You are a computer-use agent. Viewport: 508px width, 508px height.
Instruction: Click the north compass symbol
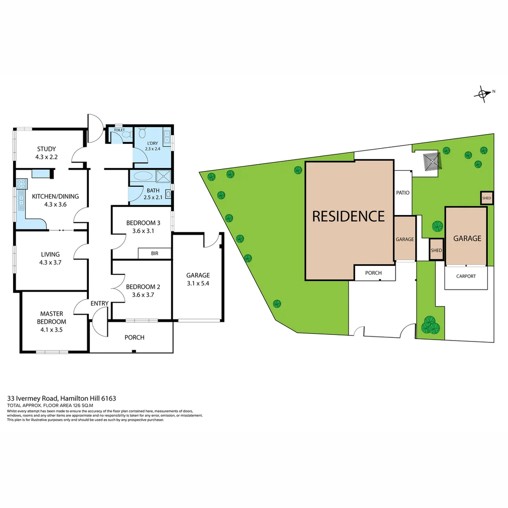(484, 93)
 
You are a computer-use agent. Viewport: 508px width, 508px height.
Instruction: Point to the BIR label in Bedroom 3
(154, 254)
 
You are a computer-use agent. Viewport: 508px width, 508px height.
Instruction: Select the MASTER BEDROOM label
(52, 317)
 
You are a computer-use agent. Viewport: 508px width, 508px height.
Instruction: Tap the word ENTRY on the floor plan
(99, 303)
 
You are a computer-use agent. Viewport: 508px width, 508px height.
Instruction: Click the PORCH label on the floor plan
(134, 337)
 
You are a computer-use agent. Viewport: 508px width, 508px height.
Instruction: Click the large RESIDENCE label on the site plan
(349, 216)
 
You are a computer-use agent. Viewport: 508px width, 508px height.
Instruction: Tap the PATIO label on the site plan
(403, 193)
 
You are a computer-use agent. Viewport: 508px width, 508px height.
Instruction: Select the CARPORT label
(466, 277)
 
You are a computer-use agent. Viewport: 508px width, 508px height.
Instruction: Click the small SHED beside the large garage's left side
(436, 250)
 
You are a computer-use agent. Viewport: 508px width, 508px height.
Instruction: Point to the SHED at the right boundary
(486, 198)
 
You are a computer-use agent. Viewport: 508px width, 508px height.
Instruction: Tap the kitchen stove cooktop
(21, 184)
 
